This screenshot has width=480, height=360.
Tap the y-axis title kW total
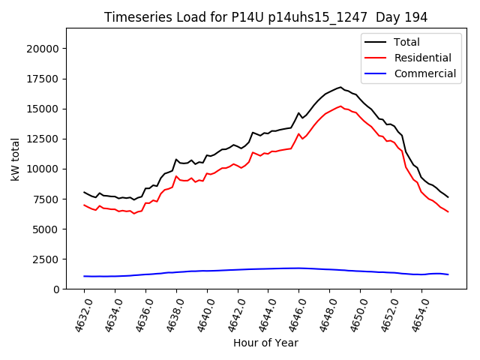pos(16,159)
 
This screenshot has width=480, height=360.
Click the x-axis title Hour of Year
pos(265,343)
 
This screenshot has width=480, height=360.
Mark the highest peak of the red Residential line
pos(340,106)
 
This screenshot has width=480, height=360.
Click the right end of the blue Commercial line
pos(448,274)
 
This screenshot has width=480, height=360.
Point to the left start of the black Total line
pos(84,192)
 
